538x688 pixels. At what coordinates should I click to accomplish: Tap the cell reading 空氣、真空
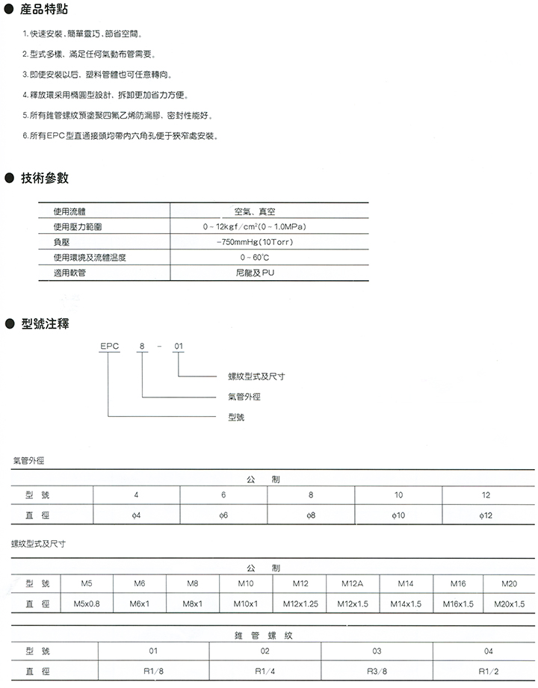pyautogui.click(x=255, y=212)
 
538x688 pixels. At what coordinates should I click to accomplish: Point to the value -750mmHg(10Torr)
pyautogui.click(x=254, y=242)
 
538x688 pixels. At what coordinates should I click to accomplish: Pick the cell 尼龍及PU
pyautogui.click(x=255, y=273)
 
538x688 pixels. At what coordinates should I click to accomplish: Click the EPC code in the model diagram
pyautogui.click(x=109, y=346)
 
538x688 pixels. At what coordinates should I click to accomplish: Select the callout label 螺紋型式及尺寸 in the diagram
pyautogui.click(x=256, y=377)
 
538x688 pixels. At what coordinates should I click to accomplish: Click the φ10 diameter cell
pyautogui.click(x=398, y=515)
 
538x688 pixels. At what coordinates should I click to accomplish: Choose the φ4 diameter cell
pyautogui.click(x=136, y=515)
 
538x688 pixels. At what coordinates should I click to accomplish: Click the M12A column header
pyautogui.click(x=353, y=583)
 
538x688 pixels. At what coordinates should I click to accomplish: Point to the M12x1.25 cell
pyautogui.click(x=300, y=604)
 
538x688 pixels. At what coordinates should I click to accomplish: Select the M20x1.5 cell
pyautogui.click(x=510, y=604)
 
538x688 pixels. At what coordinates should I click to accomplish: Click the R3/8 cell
pyautogui.click(x=377, y=671)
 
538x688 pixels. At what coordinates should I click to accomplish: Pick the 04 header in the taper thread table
pyautogui.click(x=488, y=651)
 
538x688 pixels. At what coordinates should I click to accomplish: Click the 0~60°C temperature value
pyautogui.click(x=255, y=257)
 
